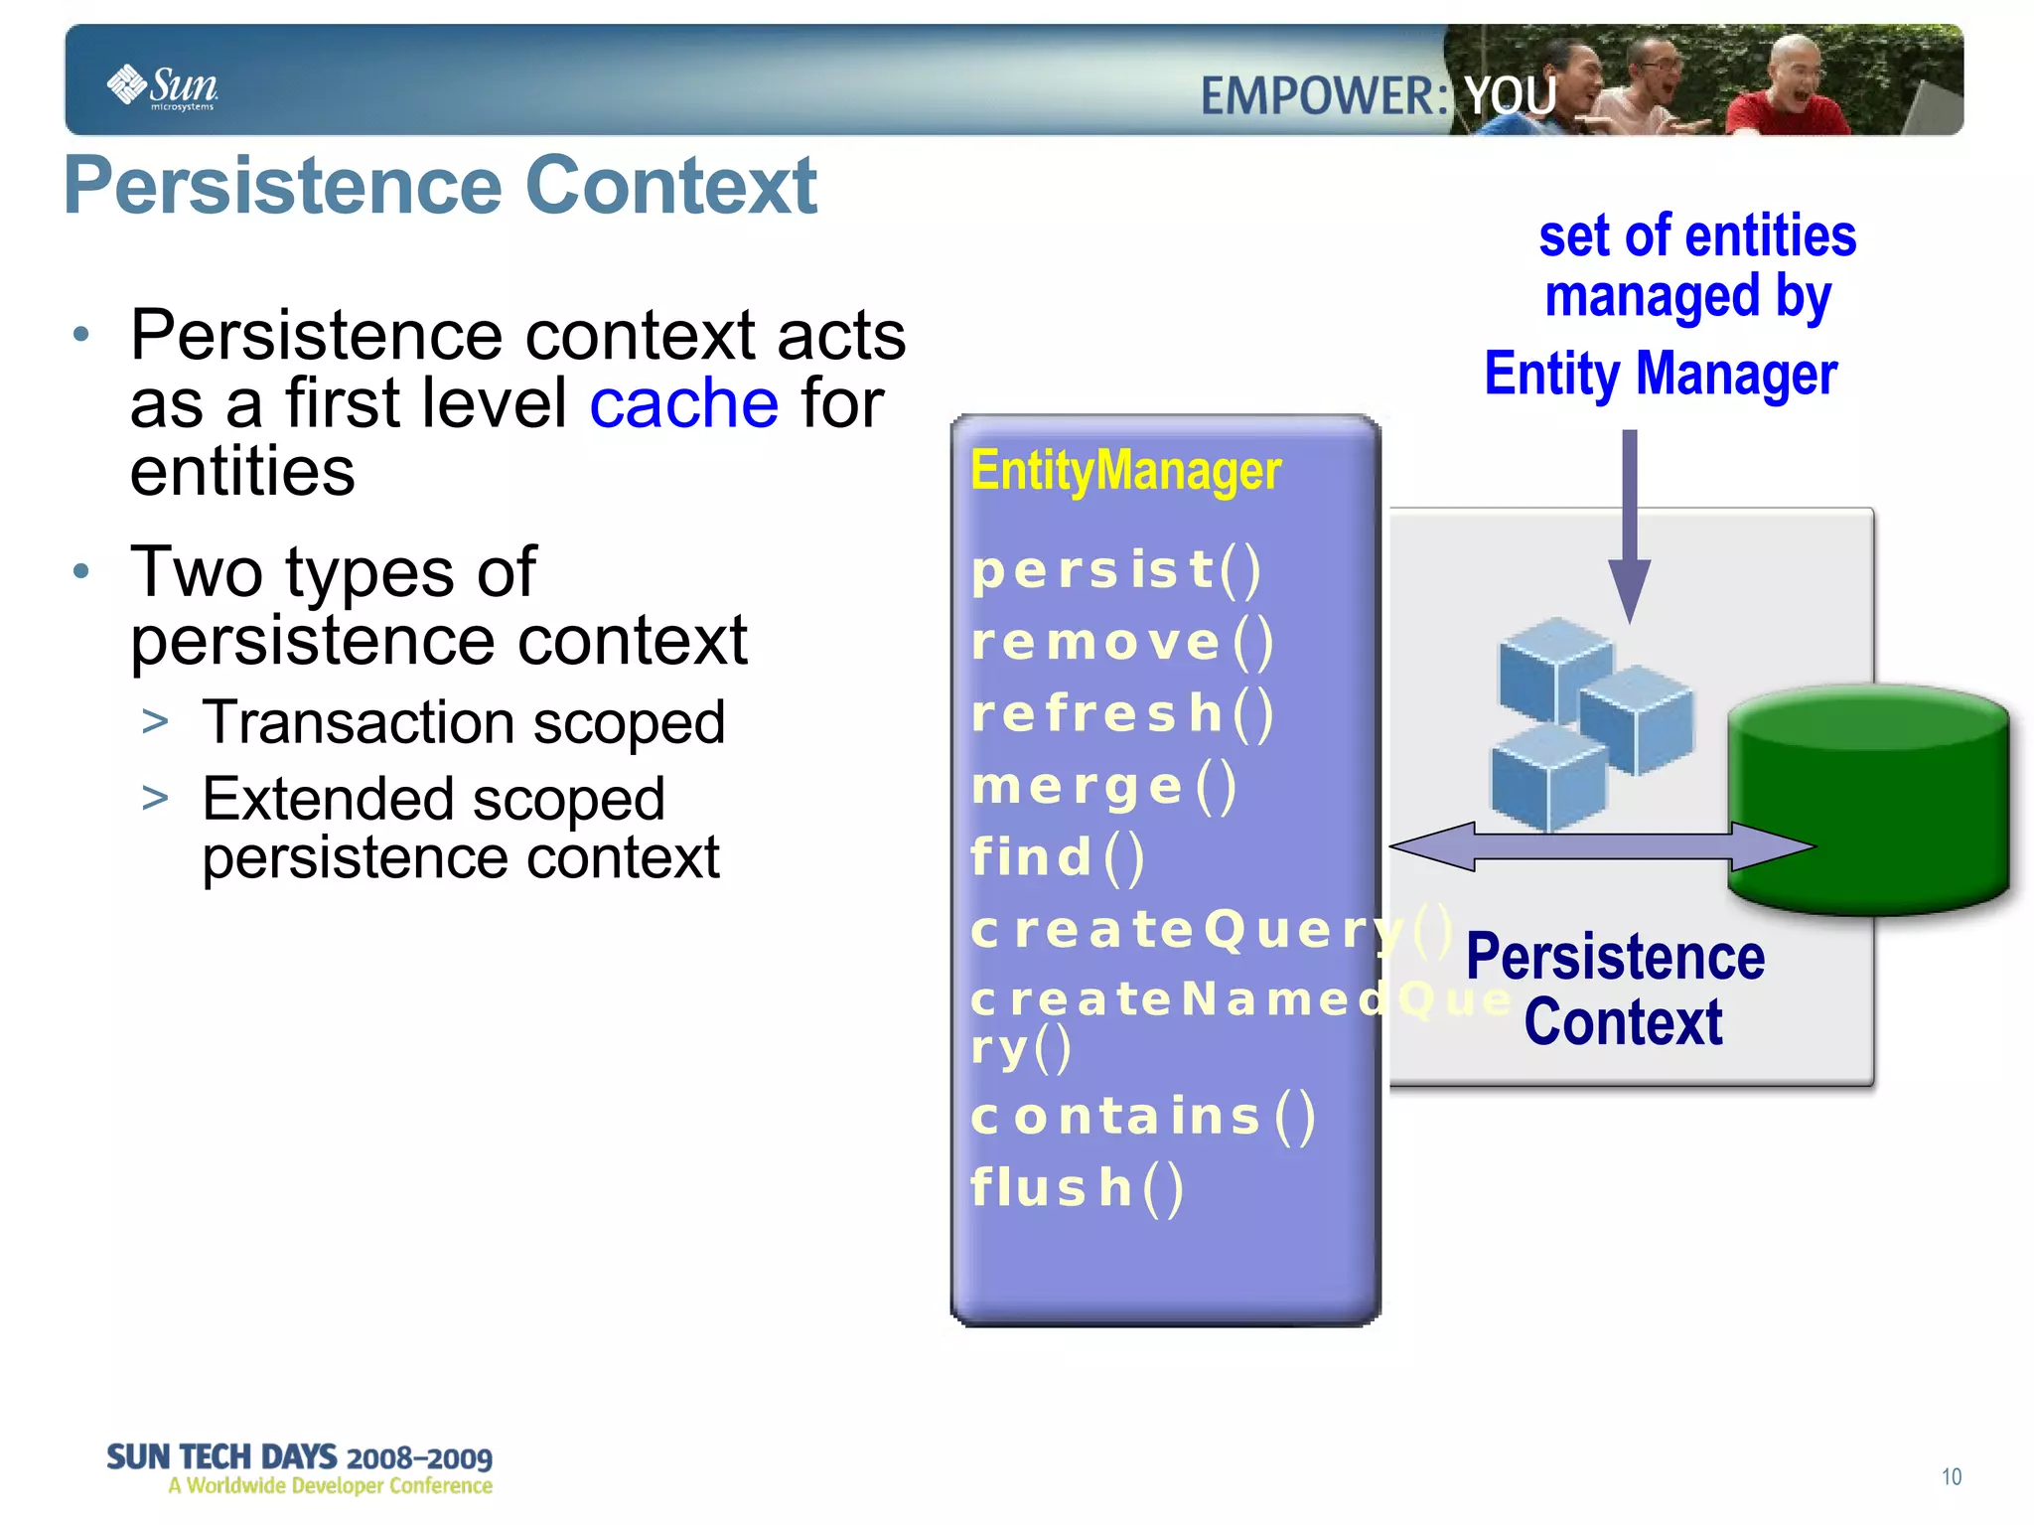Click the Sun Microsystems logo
pyautogui.click(x=162, y=87)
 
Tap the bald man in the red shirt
pyautogui.click(x=1788, y=89)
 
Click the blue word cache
pyautogui.click(x=683, y=403)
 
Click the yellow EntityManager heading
pyautogui.click(x=1125, y=470)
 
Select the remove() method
pyautogui.click(x=1121, y=642)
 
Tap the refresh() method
pyautogui.click(x=1121, y=713)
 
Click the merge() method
pyautogui.click(x=1103, y=786)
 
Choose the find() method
pyautogui.click(x=1057, y=857)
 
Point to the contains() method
pyautogui.click(x=1142, y=1116)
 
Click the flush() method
pyautogui.click(x=1077, y=1188)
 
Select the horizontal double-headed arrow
pyautogui.click(x=1601, y=847)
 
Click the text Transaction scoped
pyautogui.click(x=463, y=722)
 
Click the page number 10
pyautogui.click(x=1951, y=1476)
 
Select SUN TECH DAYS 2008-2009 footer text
pyautogui.click(x=299, y=1457)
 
